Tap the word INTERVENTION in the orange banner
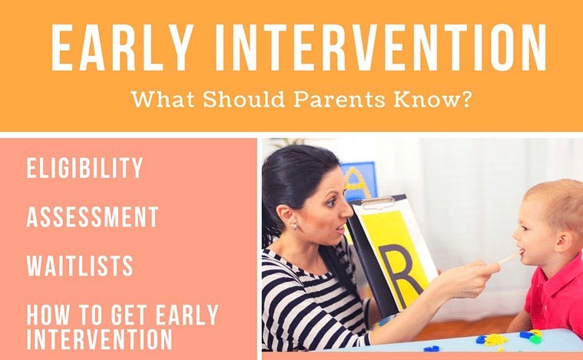click(381, 47)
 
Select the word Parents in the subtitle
click(339, 100)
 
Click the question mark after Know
click(466, 100)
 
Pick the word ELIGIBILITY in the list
click(84, 168)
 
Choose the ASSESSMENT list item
click(93, 216)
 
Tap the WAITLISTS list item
click(80, 266)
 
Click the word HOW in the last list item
click(48, 315)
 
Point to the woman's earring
click(294, 226)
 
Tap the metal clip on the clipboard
click(379, 202)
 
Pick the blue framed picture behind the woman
click(359, 181)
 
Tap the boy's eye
click(528, 226)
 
